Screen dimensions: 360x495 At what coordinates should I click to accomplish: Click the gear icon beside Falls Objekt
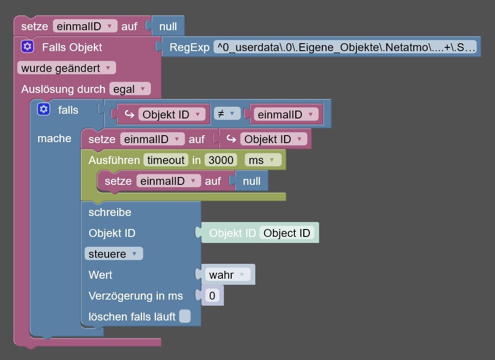pyautogui.click(x=27, y=47)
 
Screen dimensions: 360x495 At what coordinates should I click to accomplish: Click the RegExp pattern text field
pyautogui.click(x=345, y=47)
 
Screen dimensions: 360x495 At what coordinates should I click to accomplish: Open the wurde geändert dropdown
pyautogui.click(x=66, y=68)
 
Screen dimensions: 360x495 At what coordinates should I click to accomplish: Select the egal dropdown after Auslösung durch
pyautogui.click(x=130, y=89)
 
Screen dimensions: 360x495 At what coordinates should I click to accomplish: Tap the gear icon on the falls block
pyautogui.click(x=44, y=110)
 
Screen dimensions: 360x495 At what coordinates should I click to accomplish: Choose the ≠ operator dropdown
pyautogui.click(x=227, y=114)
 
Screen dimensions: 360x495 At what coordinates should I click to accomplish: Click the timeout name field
pyautogui.click(x=166, y=160)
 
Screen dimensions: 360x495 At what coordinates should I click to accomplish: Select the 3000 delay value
pyautogui.click(x=221, y=160)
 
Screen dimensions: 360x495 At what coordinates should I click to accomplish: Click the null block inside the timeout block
pyautogui.click(x=252, y=181)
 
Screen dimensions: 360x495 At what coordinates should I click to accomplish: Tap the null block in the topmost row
pyautogui.click(x=168, y=26)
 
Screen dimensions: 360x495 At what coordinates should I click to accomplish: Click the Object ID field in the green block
pyautogui.click(x=287, y=233)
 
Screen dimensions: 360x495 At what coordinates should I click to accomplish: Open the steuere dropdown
pyautogui.click(x=113, y=254)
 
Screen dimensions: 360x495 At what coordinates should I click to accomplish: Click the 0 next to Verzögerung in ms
pyautogui.click(x=212, y=296)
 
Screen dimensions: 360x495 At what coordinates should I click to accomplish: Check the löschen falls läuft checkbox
pyautogui.click(x=185, y=316)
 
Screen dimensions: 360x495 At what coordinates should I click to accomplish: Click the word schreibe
pyautogui.click(x=110, y=212)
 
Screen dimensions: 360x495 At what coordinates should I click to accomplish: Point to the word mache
pyautogui.click(x=54, y=138)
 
